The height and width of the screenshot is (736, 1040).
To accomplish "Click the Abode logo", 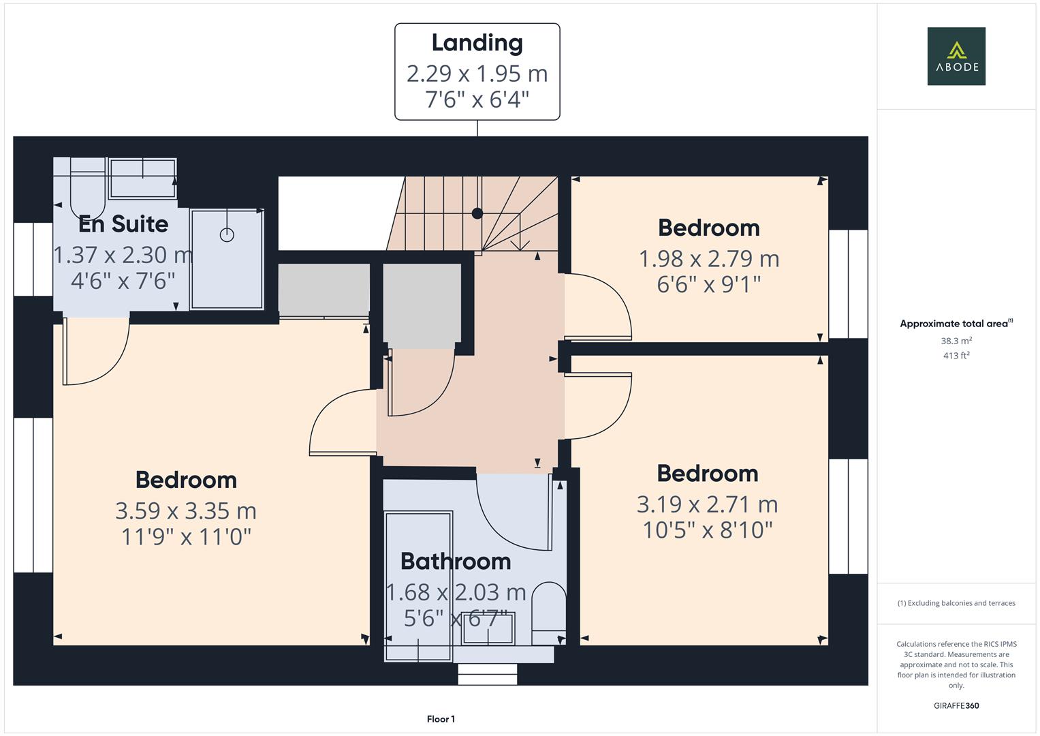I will pos(956,57).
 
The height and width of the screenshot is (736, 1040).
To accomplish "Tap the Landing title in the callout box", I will pos(477,43).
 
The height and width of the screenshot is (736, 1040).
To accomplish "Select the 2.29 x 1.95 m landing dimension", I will pos(477,73).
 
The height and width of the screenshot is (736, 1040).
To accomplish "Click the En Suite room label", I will pos(123,224).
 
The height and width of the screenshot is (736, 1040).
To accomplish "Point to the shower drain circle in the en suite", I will pos(227,234).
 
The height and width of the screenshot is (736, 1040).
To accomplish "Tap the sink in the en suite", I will pos(142,178).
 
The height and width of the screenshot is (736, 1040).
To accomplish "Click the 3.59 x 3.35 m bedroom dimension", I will pos(186,510).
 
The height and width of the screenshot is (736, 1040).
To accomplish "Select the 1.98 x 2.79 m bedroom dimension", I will pos(708,258).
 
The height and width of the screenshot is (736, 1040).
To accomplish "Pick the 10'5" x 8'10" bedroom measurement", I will pos(708,530).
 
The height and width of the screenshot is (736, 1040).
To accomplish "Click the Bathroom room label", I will pos(456,561).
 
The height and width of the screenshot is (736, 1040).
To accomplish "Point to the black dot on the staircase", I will pos(477,213).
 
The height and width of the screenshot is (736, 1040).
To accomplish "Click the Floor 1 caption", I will pos(441,719).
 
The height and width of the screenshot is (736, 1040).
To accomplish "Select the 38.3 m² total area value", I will pos(956,341).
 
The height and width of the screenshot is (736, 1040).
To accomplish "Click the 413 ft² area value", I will pos(956,356).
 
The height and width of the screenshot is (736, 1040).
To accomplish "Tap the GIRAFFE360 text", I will pos(956,705).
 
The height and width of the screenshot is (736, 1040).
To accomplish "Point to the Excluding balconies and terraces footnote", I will pos(956,603).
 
